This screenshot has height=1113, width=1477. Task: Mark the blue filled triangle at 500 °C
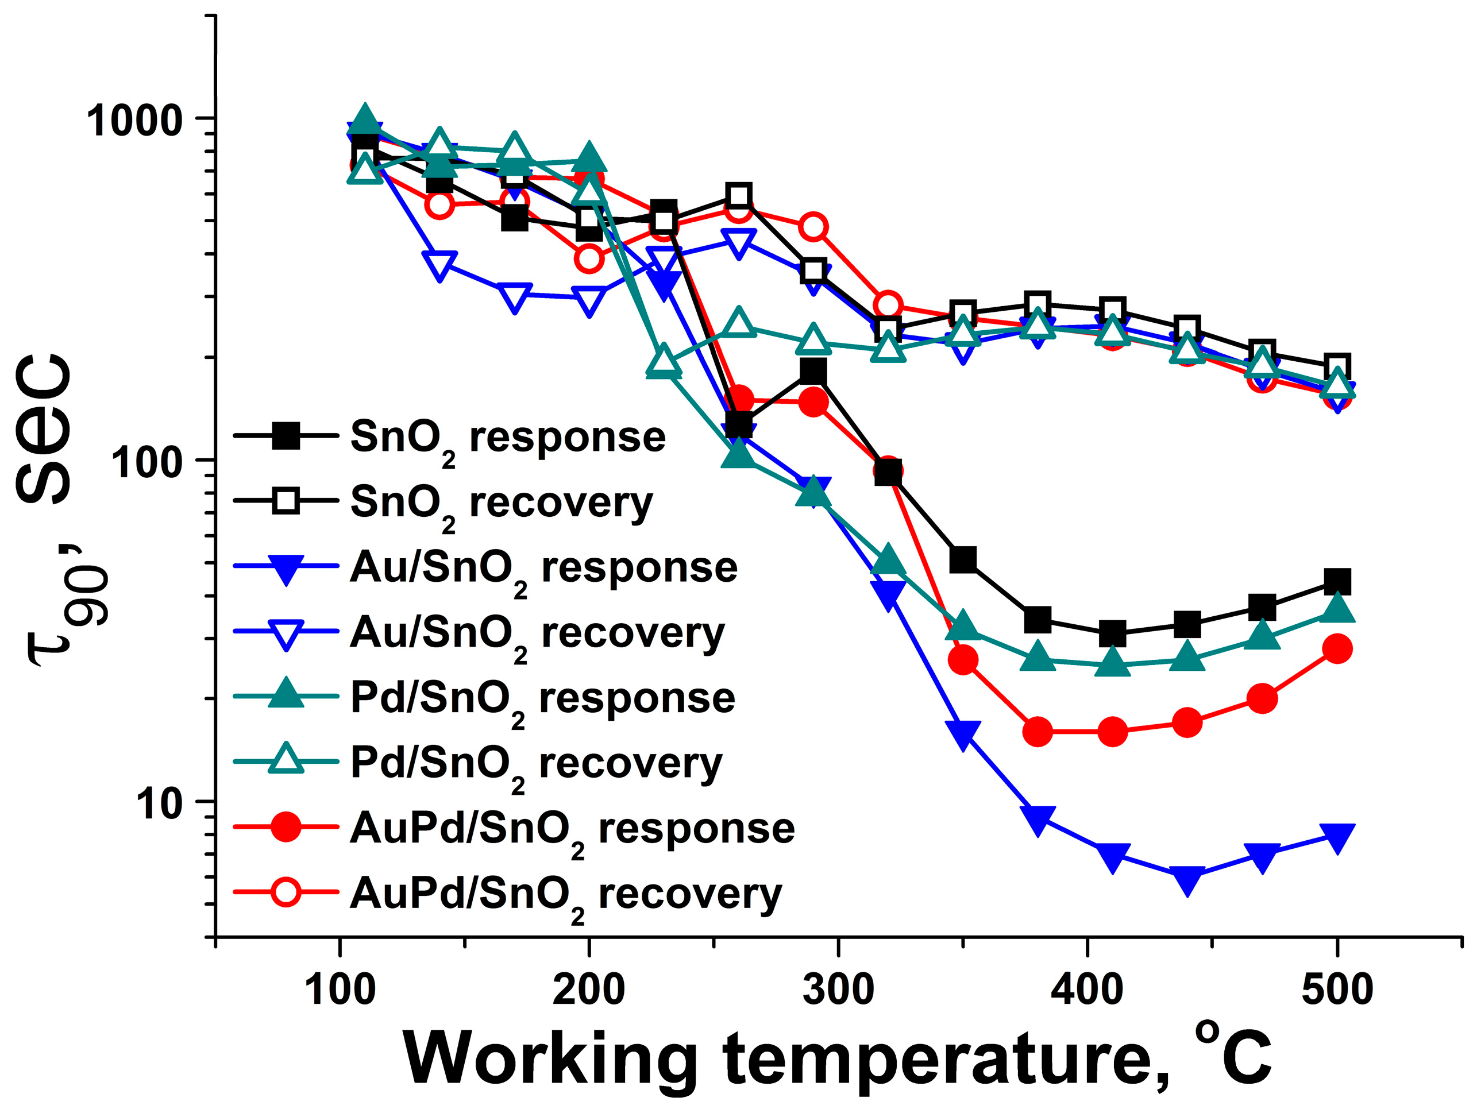tap(1337, 837)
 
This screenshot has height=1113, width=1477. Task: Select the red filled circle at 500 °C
tap(1337, 649)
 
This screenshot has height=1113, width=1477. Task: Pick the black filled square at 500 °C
tap(1337, 582)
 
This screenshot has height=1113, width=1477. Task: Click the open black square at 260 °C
tap(738, 196)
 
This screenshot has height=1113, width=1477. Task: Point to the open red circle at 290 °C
tap(813, 227)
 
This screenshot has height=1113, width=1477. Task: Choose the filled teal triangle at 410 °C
tap(1112, 662)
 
